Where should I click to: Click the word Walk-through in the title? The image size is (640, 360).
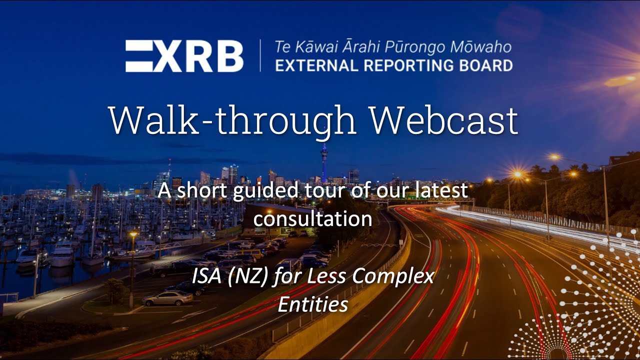tap(232, 120)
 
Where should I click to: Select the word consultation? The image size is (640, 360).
tap(312, 218)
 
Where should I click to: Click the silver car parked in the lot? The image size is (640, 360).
tap(167, 298)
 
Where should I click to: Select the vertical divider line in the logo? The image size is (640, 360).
tap(260, 55)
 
